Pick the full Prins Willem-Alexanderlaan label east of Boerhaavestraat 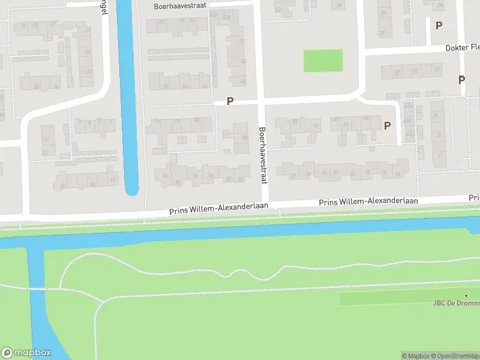pyautogui.click(x=368, y=202)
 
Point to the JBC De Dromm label pyautogui.click(x=456, y=303)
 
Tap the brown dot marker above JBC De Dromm pyautogui.click(x=466, y=295)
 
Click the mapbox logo pyautogui.click(x=26, y=353)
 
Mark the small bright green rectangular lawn pyautogui.click(x=323, y=61)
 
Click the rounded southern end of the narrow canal pyautogui.click(x=132, y=191)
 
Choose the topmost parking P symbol pyautogui.click(x=439, y=25)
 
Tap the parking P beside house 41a pyautogui.click(x=387, y=125)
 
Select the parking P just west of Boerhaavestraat pyautogui.click(x=230, y=101)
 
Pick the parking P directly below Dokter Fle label pyautogui.click(x=461, y=79)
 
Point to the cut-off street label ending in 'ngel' pyautogui.click(x=104, y=8)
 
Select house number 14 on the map pyautogui.click(x=397, y=173)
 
